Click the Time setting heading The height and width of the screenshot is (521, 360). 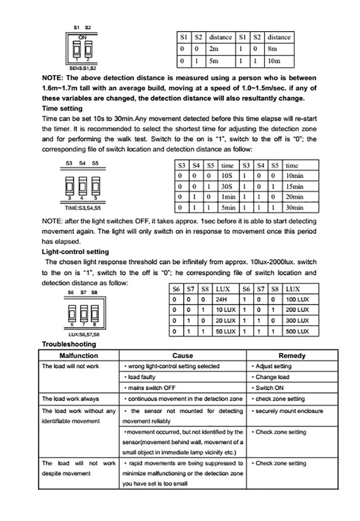[x=62, y=108]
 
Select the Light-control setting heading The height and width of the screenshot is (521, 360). [x=75, y=252]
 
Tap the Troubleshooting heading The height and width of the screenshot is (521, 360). [x=69, y=344]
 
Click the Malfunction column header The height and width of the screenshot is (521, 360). [x=79, y=355]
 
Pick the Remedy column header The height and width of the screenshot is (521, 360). [x=292, y=355]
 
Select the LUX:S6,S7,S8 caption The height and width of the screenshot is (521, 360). [x=84, y=335]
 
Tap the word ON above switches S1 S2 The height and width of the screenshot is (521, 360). [x=82, y=37]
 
